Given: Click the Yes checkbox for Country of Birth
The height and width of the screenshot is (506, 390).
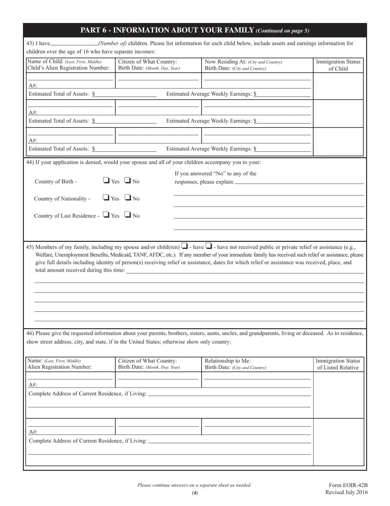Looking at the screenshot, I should (106, 180).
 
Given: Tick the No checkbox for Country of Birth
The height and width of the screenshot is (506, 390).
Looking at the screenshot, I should (128, 180).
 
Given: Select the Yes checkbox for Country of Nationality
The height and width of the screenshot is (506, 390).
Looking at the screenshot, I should (106, 197).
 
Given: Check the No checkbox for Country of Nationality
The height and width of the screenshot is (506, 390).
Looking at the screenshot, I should (128, 197).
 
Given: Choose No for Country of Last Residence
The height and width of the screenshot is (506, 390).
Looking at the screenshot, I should (128, 215).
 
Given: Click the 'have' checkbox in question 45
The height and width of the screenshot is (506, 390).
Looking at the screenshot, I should (184, 246).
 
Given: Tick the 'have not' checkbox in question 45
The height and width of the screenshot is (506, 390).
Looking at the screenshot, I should (209, 246).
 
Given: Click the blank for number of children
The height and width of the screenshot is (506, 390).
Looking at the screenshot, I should (74, 43).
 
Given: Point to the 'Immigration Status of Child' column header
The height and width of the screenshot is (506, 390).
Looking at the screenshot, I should (338, 65).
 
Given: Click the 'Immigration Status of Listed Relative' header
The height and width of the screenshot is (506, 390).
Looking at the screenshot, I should (338, 364).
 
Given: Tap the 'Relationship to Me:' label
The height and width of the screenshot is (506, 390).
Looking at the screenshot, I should (227, 361).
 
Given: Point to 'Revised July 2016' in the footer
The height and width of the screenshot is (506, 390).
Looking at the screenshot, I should (346, 492).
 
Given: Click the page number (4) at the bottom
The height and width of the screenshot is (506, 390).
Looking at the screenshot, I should (195, 493).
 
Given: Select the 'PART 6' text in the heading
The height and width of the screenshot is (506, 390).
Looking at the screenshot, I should (94, 30).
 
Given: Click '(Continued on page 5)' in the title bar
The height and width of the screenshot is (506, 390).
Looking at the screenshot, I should (282, 31).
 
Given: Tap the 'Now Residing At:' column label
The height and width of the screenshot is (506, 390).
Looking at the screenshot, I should (225, 62).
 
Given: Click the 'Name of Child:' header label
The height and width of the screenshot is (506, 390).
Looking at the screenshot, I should (45, 62).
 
